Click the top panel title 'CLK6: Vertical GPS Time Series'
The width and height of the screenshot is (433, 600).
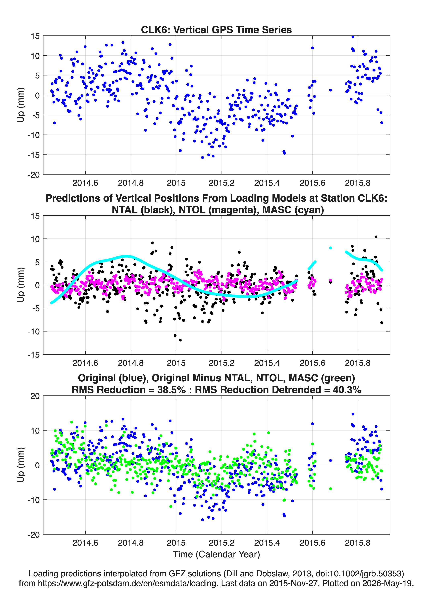pyautogui.click(x=216, y=30)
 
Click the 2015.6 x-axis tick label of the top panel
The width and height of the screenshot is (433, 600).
pyautogui.click(x=312, y=183)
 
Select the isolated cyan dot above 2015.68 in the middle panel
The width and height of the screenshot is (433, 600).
pyautogui.click(x=330, y=248)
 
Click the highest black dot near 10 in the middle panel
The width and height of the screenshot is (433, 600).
pyautogui.click(x=376, y=237)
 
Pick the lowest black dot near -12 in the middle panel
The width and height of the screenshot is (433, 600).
pyautogui.click(x=180, y=340)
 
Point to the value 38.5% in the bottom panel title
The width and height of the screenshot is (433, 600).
pyautogui.click(x=171, y=390)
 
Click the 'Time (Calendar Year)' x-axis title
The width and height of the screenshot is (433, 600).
pyautogui.click(x=216, y=554)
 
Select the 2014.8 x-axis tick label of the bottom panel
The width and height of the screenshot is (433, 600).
pyautogui.click(x=131, y=543)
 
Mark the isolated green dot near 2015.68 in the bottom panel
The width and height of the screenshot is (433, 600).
pyautogui.click(x=330, y=488)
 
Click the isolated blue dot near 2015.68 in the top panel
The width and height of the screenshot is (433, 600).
pyautogui.click(x=330, y=90)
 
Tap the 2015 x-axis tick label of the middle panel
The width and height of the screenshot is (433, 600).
pyautogui.click(x=176, y=363)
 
